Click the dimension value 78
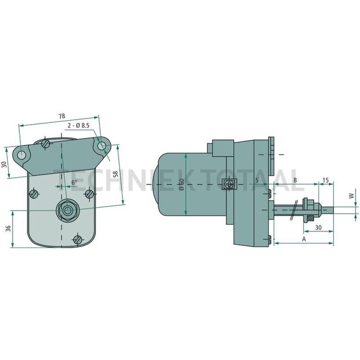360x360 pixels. [61, 116]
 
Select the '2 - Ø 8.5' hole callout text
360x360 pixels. [78, 127]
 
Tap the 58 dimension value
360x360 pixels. [115, 174]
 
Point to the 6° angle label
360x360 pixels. [74, 182]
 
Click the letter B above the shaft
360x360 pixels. [295, 181]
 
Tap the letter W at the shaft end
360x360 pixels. [350, 196]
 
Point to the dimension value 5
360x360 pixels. [257, 181]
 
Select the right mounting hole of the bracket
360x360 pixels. [102, 146]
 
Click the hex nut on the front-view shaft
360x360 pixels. [67, 210]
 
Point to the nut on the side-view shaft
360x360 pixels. [311, 209]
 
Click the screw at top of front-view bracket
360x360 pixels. [46, 143]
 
